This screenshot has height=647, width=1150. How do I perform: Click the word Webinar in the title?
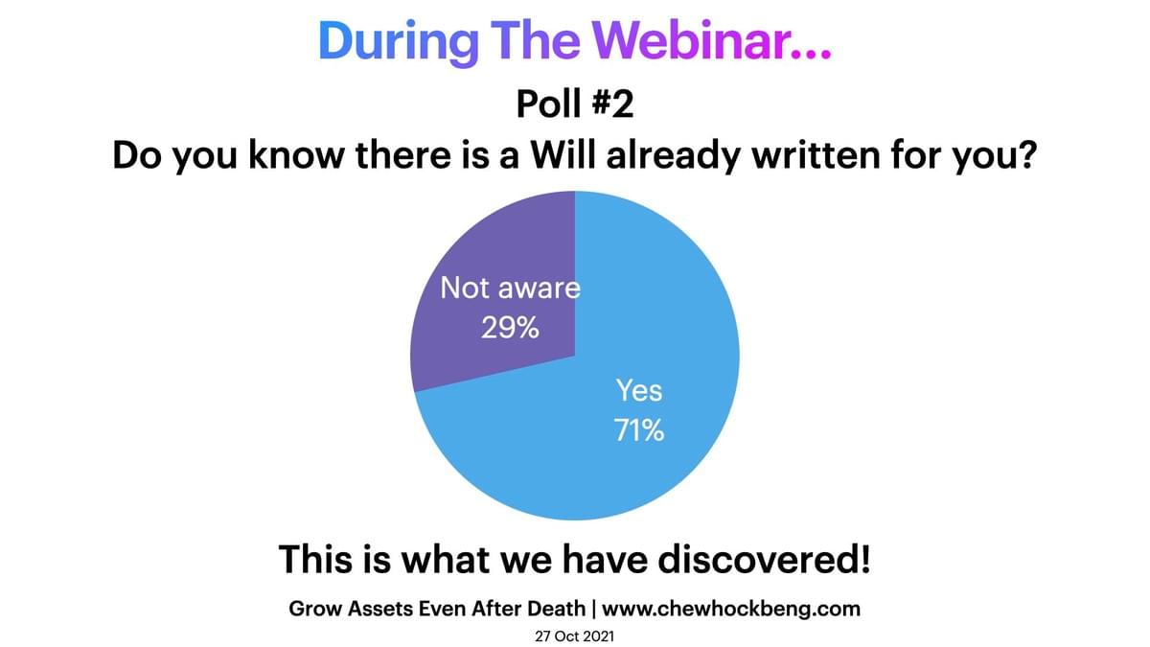[689, 40]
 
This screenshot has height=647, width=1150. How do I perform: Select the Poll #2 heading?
[575, 104]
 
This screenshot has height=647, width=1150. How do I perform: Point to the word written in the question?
[816, 154]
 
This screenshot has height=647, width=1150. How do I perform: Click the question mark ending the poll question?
[1026, 154]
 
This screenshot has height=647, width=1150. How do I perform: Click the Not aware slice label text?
[510, 288]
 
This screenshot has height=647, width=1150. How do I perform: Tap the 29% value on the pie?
[510, 328]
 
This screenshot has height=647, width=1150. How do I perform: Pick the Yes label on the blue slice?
[639, 390]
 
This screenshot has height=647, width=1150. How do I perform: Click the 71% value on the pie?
[639, 430]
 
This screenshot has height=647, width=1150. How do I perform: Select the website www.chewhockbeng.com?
[731, 609]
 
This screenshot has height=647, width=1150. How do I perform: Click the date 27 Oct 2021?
[574, 636]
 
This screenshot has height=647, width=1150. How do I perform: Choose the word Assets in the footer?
[379, 609]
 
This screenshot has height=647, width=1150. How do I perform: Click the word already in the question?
[673, 156]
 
